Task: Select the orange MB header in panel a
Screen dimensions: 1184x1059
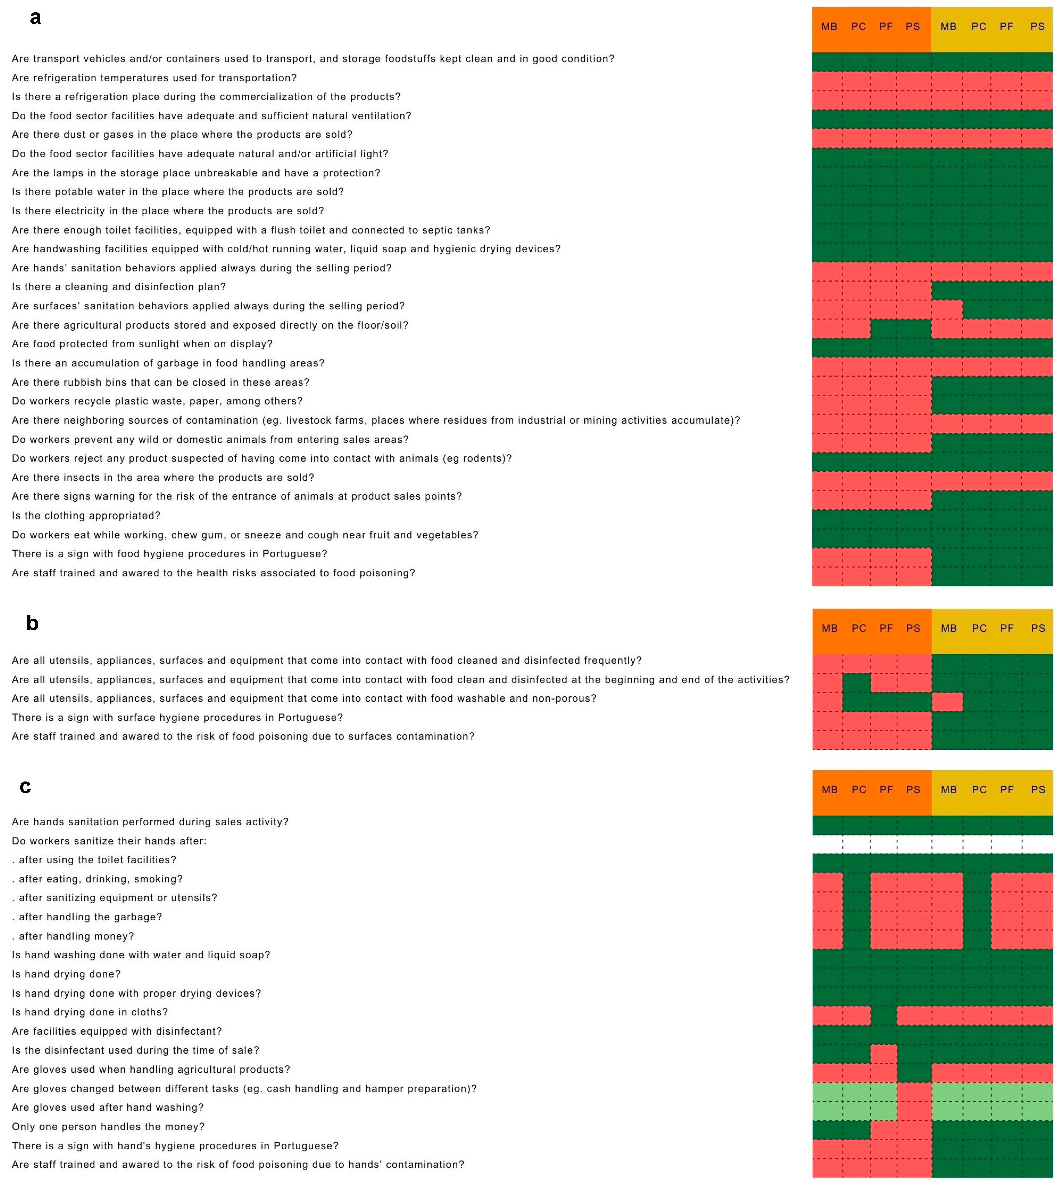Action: (x=829, y=27)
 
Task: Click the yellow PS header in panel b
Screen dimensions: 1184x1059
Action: (x=1038, y=628)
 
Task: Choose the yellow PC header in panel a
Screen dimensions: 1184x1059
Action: (x=979, y=27)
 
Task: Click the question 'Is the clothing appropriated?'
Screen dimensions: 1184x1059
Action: (x=86, y=516)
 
